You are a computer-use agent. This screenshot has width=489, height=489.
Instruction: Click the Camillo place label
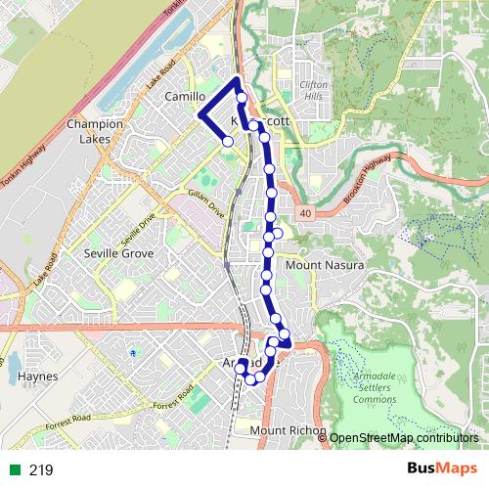185,98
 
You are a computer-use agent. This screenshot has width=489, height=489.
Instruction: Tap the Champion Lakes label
95,132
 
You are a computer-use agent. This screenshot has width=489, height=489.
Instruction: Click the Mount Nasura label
324,265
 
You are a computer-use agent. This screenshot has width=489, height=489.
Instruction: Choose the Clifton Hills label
313,91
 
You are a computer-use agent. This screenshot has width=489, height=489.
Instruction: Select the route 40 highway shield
306,213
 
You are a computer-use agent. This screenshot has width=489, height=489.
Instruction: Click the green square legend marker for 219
14,470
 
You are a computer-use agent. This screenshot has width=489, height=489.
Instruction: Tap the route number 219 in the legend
41,470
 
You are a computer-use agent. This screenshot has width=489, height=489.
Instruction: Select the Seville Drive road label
138,231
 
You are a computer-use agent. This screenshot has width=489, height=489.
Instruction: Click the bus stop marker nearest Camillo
228,142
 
